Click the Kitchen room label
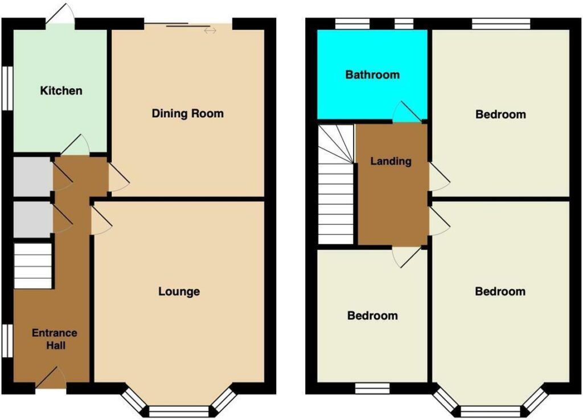pos(61,90)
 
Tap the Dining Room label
pos(188,113)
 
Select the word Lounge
pos(179,291)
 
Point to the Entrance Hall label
pos(55,339)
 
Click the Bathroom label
pos(372,75)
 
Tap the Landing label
pos(391,161)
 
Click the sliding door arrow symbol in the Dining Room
pos(210,31)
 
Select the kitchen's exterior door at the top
pos(60,14)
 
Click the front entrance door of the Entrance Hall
pos(51,377)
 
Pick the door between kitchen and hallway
pos(75,145)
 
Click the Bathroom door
pos(407,112)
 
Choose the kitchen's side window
pos(7,88)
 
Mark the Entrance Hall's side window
pos(7,341)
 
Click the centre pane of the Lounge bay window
pos(179,411)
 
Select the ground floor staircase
pos(32,266)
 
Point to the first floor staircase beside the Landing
pos(336,184)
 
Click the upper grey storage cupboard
pos(32,176)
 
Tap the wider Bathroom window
pos(352,24)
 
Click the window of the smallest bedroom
pos(372,388)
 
